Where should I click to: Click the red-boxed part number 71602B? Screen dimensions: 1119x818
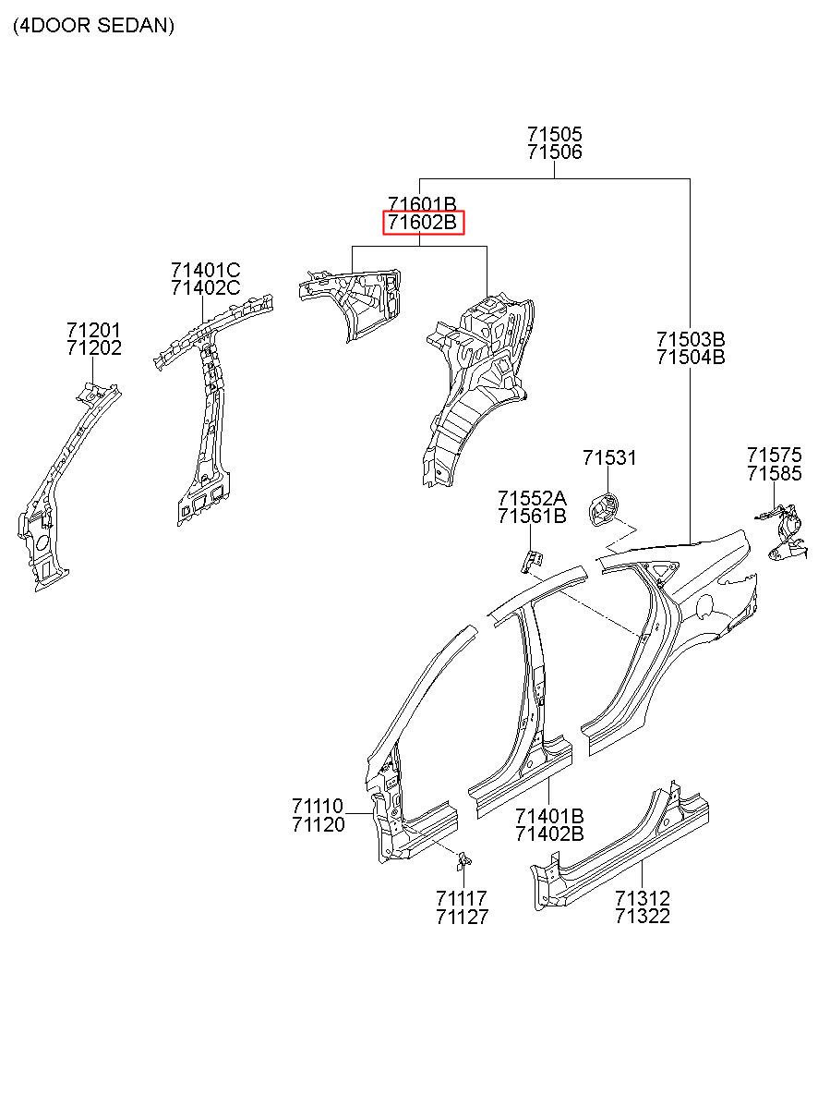click(423, 223)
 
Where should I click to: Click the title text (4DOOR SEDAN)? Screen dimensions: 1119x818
click(93, 26)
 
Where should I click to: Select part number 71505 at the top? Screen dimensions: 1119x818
click(555, 135)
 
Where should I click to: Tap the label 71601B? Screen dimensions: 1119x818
click(422, 204)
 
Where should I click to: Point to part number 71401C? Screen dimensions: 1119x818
click(205, 270)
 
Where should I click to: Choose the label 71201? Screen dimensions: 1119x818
click(93, 330)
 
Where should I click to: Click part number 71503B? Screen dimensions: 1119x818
click(691, 339)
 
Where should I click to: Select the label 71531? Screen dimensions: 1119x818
click(609, 457)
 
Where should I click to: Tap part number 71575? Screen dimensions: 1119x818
click(775, 455)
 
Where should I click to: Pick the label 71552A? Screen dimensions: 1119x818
click(532, 498)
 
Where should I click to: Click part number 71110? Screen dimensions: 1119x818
click(318, 807)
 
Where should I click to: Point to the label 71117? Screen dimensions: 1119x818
click(462, 898)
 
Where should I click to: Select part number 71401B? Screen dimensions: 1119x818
click(549, 816)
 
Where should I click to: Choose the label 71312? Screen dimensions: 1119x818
click(643, 898)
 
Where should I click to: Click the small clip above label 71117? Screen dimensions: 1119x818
click(465, 860)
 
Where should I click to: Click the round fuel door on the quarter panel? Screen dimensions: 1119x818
click(704, 607)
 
